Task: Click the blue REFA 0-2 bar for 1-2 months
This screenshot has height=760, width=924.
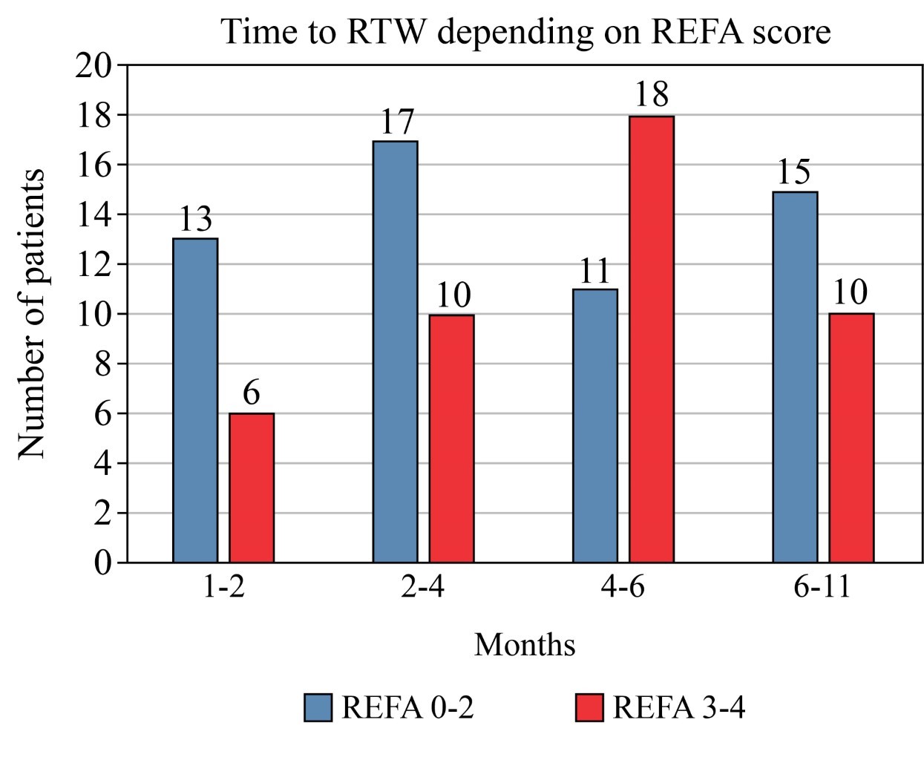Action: [195, 400]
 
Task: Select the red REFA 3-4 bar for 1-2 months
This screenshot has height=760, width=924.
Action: [252, 488]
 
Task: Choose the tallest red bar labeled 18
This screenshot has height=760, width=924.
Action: [652, 338]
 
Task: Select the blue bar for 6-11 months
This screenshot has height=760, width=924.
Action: [795, 376]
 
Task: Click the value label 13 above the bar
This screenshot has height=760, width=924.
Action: [195, 219]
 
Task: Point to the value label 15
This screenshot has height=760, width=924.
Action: [794, 172]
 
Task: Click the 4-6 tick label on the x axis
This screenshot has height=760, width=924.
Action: [623, 588]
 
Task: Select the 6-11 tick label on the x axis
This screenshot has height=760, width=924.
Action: [822, 588]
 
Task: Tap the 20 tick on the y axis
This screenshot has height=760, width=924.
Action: [95, 66]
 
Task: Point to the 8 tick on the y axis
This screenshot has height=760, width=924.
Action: [103, 364]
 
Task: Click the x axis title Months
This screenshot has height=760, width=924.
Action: [525, 644]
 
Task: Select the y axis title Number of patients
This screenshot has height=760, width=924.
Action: [32, 313]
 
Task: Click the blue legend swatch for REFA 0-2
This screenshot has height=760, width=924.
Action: [318, 707]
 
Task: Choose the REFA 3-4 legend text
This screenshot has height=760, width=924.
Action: [678, 708]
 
